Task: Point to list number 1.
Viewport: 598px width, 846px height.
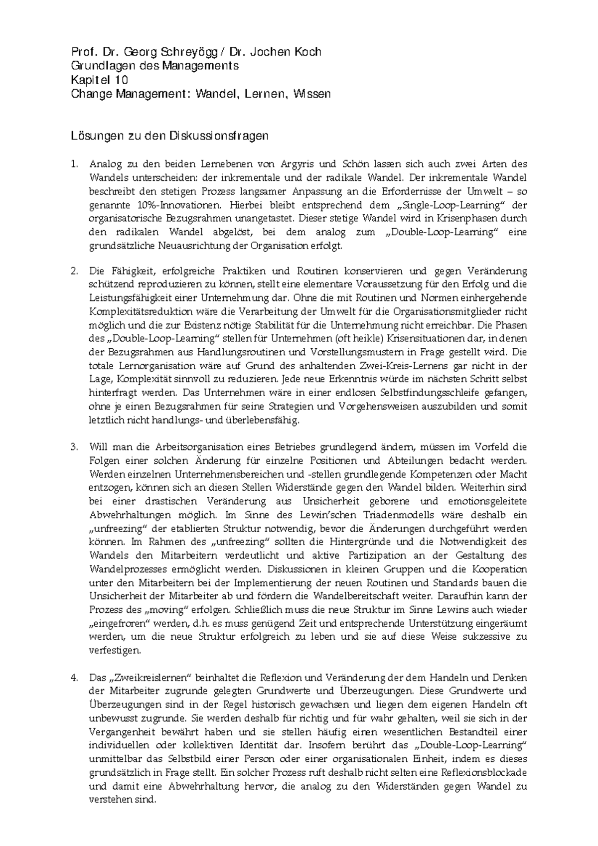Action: click(74, 164)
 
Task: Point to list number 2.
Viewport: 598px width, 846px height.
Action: click(74, 272)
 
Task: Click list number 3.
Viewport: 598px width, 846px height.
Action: click(74, 447)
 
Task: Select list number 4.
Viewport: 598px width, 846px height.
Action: click(74, 678)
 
